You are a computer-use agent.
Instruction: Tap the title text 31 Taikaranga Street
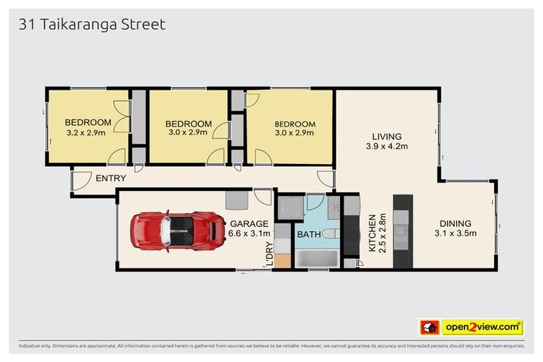point(91,25)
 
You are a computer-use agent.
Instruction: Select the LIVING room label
point(387,136)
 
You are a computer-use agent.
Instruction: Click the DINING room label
point(454,223)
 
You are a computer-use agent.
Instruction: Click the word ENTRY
point(112,178)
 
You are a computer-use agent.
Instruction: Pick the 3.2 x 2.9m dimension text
point(86,132)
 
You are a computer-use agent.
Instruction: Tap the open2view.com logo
point(482,327)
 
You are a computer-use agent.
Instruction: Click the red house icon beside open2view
point(429,327)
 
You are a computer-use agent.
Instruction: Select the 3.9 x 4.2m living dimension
point(387,146)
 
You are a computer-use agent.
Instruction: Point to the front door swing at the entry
point(83,182)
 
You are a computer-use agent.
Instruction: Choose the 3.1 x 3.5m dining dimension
point(454,233)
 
